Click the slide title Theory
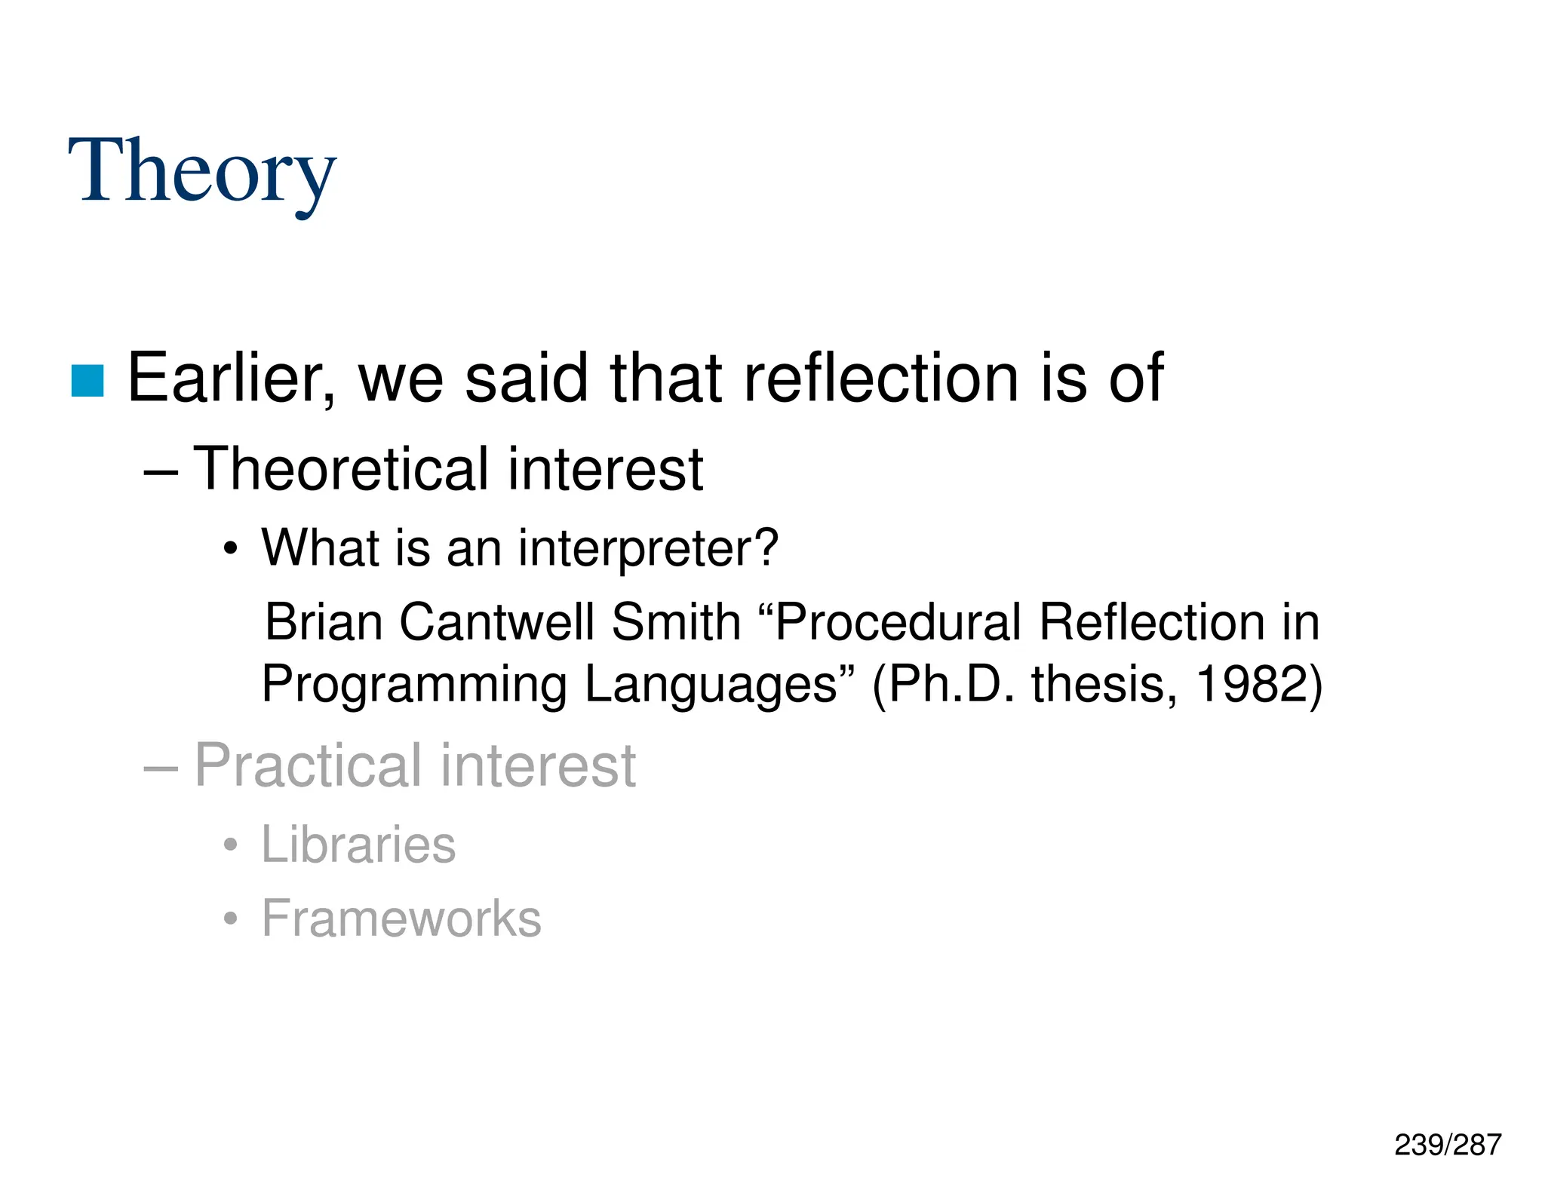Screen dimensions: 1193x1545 (x=201, y=172)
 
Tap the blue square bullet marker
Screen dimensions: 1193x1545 (x=88, y=381)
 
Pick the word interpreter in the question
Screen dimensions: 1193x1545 (x=647, y=548)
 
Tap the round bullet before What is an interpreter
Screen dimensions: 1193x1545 (x=231, y=550)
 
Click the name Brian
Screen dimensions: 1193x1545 (x=324, y=622)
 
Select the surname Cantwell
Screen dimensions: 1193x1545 (x=496, y=622)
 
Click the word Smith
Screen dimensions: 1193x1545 (x=676, y=622)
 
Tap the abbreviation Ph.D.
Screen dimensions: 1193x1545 (x=946, y=685)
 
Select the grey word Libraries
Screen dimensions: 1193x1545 (x=358, y=845)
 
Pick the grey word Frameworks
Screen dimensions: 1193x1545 (x=401, y=919)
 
